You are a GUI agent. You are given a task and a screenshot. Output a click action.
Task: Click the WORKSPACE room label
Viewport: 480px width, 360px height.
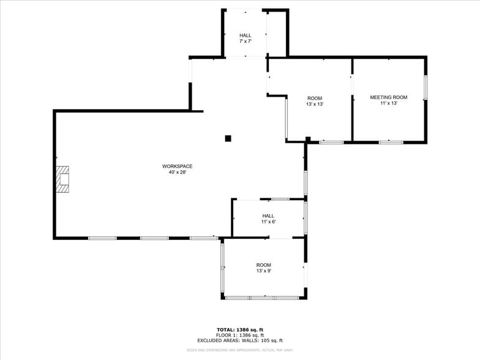coord(178,166)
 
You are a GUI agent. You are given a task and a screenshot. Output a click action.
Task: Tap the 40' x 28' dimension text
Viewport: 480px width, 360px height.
coord(178,173)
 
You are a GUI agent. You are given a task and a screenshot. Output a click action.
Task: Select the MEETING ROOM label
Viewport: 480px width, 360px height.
coord(388,97)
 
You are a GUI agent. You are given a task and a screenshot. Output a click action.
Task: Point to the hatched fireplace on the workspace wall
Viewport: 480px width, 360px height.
coord(62,179)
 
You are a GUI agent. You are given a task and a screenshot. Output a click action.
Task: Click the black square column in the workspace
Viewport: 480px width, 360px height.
coord(228,138)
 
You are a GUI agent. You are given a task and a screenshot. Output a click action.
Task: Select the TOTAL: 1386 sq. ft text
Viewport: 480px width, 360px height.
coord(240,330)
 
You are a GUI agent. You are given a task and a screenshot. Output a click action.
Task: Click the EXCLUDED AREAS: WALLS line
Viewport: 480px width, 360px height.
coord(240,340)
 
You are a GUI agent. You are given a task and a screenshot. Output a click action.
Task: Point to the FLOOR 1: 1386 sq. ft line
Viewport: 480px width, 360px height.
coord(240,336)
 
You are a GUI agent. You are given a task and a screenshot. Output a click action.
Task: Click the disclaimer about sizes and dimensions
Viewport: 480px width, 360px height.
coord(240,350)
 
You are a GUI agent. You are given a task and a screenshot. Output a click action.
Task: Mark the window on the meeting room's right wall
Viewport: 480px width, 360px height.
coord(426,87)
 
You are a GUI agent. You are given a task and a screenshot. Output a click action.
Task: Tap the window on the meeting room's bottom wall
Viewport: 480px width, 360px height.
coord(391,142)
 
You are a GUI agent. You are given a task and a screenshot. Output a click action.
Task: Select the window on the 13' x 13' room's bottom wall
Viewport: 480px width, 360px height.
coord(331,142)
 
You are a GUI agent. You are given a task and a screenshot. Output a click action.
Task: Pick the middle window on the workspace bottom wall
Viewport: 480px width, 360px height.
coord(154,238)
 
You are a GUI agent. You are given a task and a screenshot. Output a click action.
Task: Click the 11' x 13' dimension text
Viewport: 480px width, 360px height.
coord(388,103)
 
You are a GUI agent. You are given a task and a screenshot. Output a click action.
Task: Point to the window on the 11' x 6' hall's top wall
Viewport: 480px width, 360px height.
coord(280,199)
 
